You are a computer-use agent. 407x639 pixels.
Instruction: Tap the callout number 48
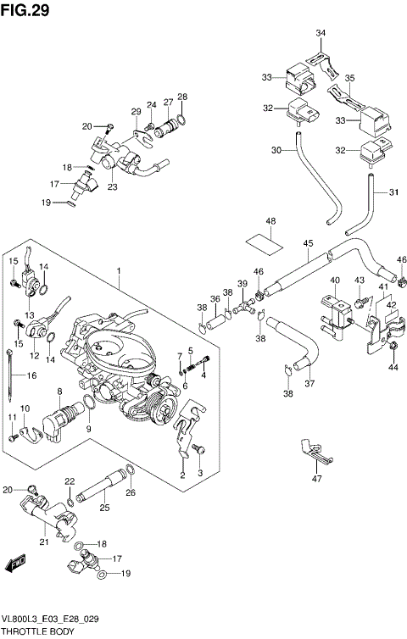[270, 223]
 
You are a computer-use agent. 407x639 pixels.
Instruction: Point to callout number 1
[120, 272]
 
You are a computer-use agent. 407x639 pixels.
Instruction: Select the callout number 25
[104, 508]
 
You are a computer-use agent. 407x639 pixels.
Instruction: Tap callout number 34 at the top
[321, 33]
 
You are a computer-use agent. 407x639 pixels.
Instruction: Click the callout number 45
[308, 243]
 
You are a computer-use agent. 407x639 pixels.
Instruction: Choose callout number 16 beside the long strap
[32, 375]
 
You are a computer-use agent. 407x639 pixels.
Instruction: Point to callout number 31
[393, 192]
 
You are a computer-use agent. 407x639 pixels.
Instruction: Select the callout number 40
[335, 281]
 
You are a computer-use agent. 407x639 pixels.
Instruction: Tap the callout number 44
[393, 368]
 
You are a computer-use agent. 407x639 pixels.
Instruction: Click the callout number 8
[60, 391]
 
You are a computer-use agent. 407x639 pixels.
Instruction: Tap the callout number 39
[243, 283]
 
